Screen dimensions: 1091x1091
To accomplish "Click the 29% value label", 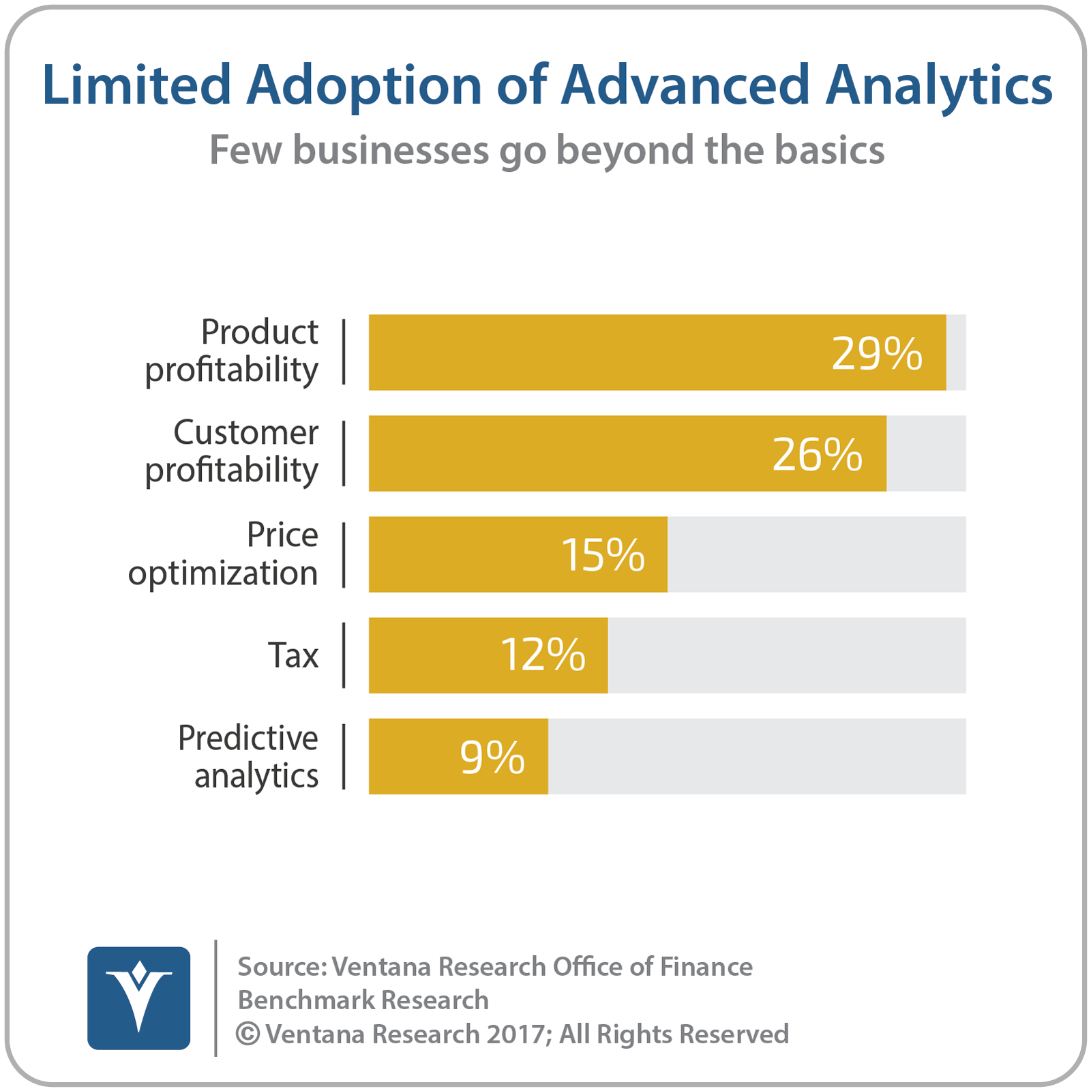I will pyautogui.click(x=877, y=353).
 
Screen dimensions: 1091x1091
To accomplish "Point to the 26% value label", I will pyautogui.click(x=817, y=454).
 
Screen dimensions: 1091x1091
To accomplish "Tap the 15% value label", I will pyautogui.click(x=603, y=555).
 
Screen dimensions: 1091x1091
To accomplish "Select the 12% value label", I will pyautogui.click(x=543, y=655).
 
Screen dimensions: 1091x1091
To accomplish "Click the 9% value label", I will pyautogui.click(x=492, y=757).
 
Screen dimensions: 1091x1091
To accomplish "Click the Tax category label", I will pyautogui.click(x=293, y=655).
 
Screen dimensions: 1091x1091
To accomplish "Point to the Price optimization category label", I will pyautogui.click(x=223, y=554).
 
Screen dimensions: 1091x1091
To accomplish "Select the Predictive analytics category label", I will pyautogui.click(x=249, y=757).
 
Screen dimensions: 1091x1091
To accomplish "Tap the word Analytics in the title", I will pyautogui.click(x=939, y=86).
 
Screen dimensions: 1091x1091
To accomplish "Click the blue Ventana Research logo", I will pyautogui.click(x=139, y=998).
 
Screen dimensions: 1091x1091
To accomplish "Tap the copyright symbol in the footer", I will pyautogui.click(x=248, y=1034).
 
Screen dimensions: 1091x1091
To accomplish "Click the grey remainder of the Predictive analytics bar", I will pyautogui.click(x=757, y=756).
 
